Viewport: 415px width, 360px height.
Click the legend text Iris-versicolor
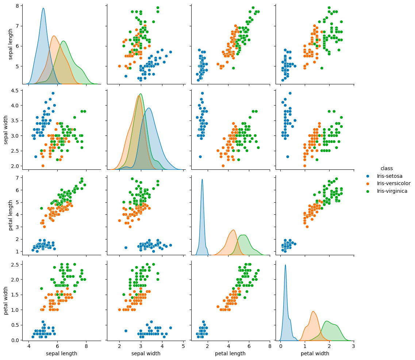(x=394, y=183)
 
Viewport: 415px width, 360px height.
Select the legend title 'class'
(x=387, y=168)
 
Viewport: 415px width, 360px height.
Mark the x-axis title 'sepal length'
(x=61, y=353)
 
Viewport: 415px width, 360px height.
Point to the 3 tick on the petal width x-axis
(x=353, y=346)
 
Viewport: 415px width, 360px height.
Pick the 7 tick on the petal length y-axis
(x=18, y=177)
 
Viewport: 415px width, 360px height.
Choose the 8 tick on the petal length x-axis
(x=270, y=346)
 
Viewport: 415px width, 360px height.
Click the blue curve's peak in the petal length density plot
(x=202, y=179)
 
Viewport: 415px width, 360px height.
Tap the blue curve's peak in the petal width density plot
(x=285, y=265)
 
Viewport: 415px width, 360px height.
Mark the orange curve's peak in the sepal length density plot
(x=54, y=36)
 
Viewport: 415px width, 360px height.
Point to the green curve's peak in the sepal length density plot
(x=64, y=41)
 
